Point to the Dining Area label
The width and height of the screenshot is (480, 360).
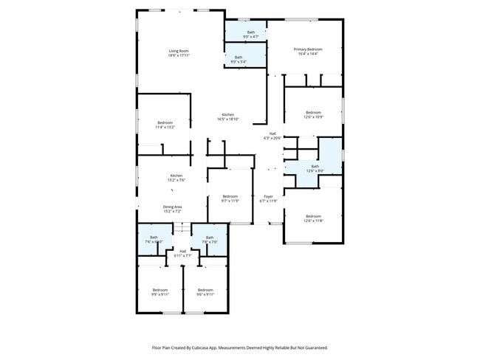pyautogui.click(x=172, y=207)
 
